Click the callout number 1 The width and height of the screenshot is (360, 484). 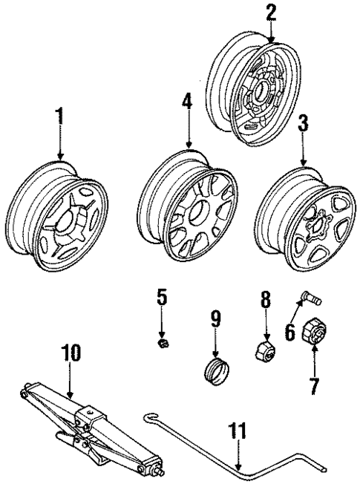coord(59,116)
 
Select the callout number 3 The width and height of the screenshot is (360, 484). coord(303,123)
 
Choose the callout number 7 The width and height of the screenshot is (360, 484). coord(314,385)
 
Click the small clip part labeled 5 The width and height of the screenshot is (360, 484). coord(163,343)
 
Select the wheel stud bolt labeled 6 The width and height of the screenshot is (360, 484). coord(311,299)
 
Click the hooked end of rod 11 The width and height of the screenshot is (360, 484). coord(148,417)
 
